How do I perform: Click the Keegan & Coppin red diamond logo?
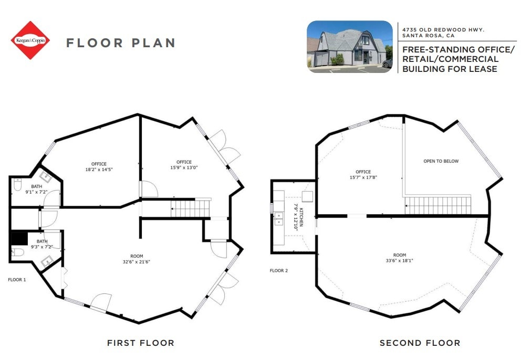pos(30,40)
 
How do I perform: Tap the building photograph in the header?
pos(349,46)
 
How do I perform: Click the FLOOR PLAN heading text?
pos(120,43)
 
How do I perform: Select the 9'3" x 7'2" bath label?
pos(41,244)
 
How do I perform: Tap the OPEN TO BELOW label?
pos(441,161)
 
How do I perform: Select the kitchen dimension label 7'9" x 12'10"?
pos(296,215)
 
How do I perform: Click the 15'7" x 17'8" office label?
pos(363,175)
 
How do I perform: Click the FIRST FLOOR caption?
pos(140,343)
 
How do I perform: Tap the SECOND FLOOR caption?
pos(420,343)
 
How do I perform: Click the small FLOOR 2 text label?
pos(279,271)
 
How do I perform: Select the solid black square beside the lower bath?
pos(19,238)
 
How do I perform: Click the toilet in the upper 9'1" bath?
pos(17,186)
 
